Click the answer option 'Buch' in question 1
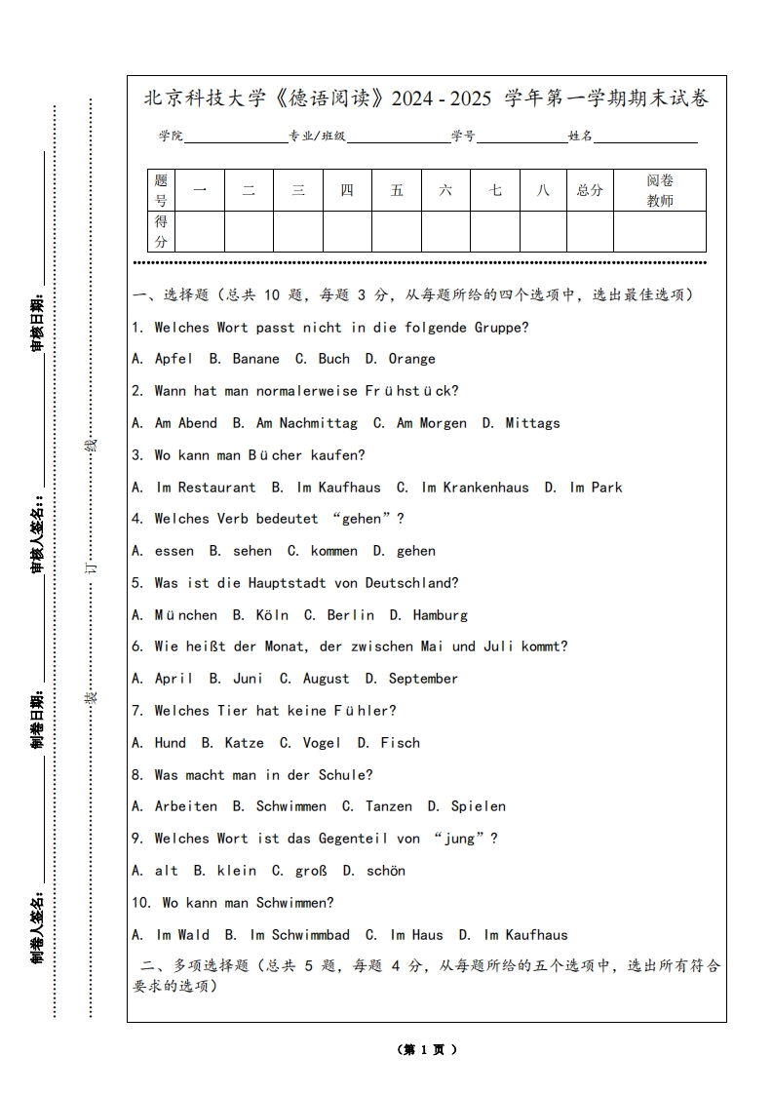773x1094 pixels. coord(333,359)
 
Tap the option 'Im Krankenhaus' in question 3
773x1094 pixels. coord(475,488)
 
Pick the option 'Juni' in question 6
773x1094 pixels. coord(248,679)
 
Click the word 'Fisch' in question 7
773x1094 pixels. coord(400,743)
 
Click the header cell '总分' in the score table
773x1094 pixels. coord(590,190)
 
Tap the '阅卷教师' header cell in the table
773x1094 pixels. coord(660,190)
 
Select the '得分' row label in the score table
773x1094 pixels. coord(161,232)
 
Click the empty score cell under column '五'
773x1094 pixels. coord(397,232)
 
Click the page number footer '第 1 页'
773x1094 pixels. coord(427,1050)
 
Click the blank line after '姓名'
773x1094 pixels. coord(645,137)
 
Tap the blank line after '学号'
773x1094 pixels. coord(521,137)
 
